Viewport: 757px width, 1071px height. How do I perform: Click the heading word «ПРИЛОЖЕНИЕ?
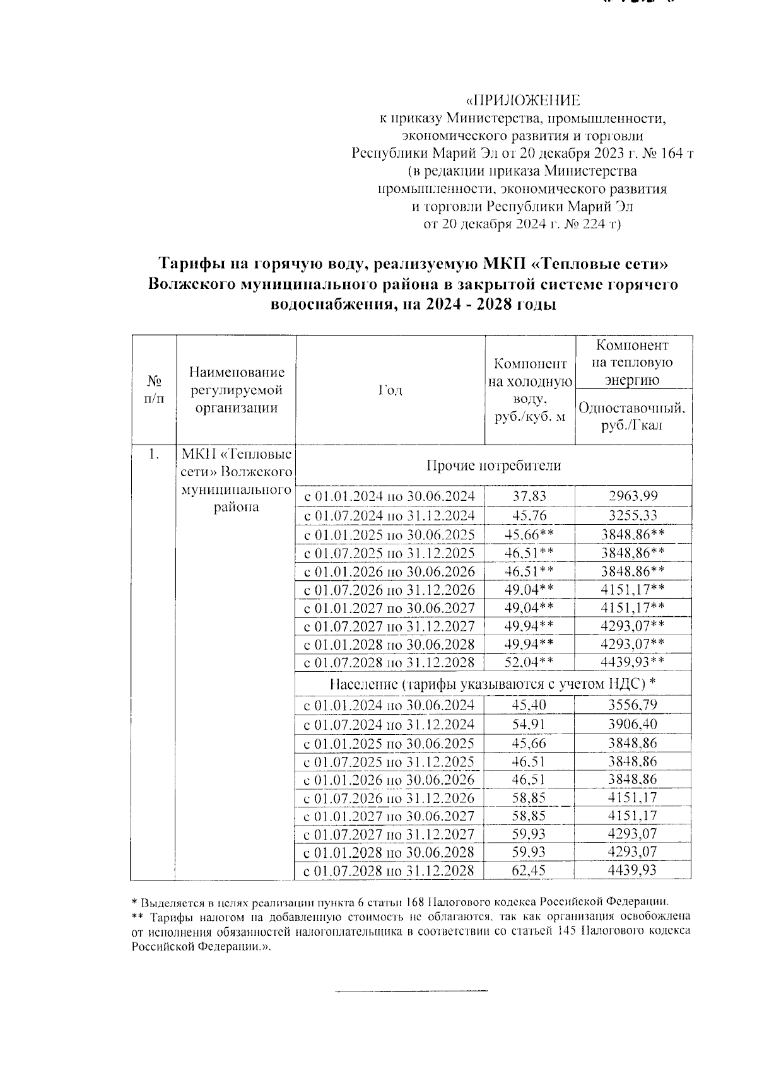pos(522,101)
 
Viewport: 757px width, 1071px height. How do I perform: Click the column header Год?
pos(390,390)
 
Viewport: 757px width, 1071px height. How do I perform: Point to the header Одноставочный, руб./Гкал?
pos(633,416)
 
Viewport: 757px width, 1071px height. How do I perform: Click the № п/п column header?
pos(153,390)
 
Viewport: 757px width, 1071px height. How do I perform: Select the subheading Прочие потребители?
pos(493,465)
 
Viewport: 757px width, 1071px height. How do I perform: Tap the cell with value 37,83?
pos(529,496)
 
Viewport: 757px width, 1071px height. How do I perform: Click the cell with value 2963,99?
pos(633,496)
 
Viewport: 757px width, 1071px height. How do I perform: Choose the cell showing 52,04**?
pos(529,662)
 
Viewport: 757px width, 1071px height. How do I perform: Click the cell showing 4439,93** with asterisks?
pos(633,662)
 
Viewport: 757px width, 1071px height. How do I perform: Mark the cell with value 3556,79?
pos(633,705)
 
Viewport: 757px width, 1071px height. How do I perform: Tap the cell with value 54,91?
pos(529,724)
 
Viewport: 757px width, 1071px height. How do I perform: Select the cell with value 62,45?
pos(529,871)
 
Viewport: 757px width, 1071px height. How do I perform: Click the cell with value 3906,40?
pos(633,724)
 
